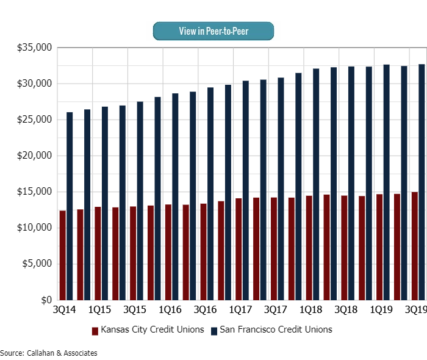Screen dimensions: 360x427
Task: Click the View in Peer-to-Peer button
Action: pos(213,31)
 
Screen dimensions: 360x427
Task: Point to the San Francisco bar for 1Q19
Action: pos(386,182)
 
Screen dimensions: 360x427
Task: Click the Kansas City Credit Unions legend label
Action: pos(152,330)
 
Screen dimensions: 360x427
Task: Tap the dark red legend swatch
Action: pos(95,331)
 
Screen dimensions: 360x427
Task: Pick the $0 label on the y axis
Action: pos(46,300)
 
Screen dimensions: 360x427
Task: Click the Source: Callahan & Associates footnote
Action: pos(49,353)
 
